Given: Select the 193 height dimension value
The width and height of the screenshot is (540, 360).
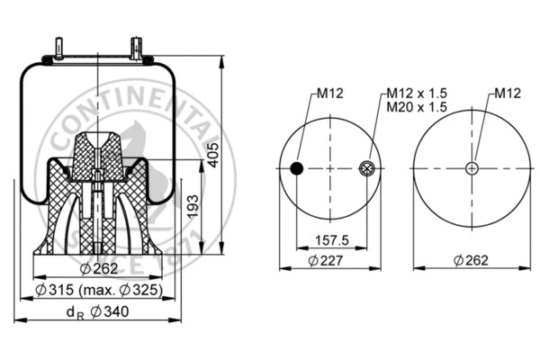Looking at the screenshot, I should click(192, 209).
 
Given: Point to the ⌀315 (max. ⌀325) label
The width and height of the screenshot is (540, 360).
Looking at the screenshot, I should click(99, 289).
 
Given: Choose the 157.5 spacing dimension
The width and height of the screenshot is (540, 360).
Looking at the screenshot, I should click(330, 240).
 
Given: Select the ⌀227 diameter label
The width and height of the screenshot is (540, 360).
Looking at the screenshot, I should click(326, 260).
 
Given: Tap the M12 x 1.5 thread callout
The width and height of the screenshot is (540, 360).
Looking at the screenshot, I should click(417, 93).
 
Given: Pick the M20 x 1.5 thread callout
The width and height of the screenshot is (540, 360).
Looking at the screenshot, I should click(417, 106).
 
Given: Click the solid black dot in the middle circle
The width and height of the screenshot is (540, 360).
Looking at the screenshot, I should click(296, 168).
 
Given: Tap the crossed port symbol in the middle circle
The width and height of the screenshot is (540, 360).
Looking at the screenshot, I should click(365, 167).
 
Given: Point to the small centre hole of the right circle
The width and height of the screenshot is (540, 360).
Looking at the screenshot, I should click(471, 168).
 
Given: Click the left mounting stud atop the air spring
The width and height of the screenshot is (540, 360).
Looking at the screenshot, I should click(60, 48).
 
